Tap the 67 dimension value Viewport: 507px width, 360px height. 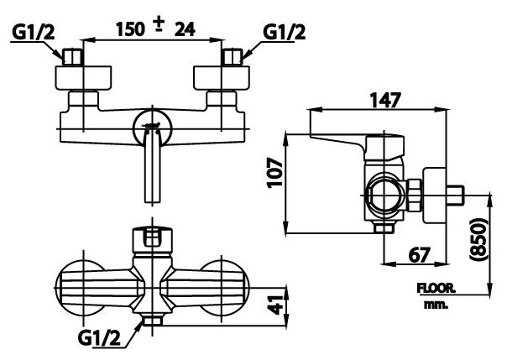click(x=422, y=253)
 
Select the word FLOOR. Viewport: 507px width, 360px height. click(x=436, y=289)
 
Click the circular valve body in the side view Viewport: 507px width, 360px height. click(x=384, y=195)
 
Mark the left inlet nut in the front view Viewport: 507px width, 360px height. click(x=71, y=60)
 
